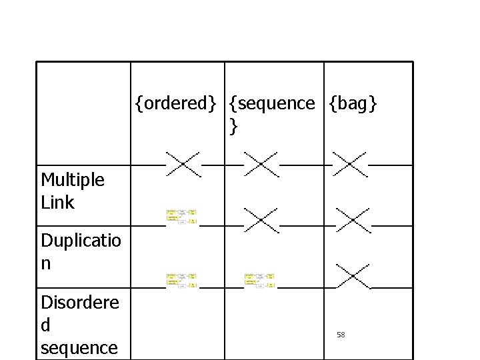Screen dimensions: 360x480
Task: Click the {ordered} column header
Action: tap(175, 103)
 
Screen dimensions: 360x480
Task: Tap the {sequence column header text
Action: tap(271, 103)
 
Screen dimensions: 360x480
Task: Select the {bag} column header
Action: tap(353, 103)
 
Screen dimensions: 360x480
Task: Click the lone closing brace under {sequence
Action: tap(232, 125)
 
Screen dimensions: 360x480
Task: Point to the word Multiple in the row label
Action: tap(73, 180)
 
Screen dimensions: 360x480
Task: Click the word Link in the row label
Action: tap(57, 203)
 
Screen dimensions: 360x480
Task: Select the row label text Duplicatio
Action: tap(81, 241)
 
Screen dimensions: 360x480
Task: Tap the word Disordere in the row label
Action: tap(80, 303)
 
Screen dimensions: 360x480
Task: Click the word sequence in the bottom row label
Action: tap(79, 347)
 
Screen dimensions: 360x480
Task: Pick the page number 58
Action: tap(341, 335)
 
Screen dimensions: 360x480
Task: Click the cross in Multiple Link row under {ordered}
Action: tap(183, 164)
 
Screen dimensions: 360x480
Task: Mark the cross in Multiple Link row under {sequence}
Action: tap(261, 164)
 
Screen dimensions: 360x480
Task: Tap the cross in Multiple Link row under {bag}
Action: tap(350, 164)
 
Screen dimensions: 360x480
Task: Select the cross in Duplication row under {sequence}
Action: tap(261, 220)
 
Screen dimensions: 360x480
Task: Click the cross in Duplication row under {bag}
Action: tap(353, 220)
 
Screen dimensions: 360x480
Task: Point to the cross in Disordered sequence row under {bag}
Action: tap(353, 276)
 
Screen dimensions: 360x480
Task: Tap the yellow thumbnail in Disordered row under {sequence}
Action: tap(259, 280)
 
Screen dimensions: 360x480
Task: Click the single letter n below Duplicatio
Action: tap(45, 263)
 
